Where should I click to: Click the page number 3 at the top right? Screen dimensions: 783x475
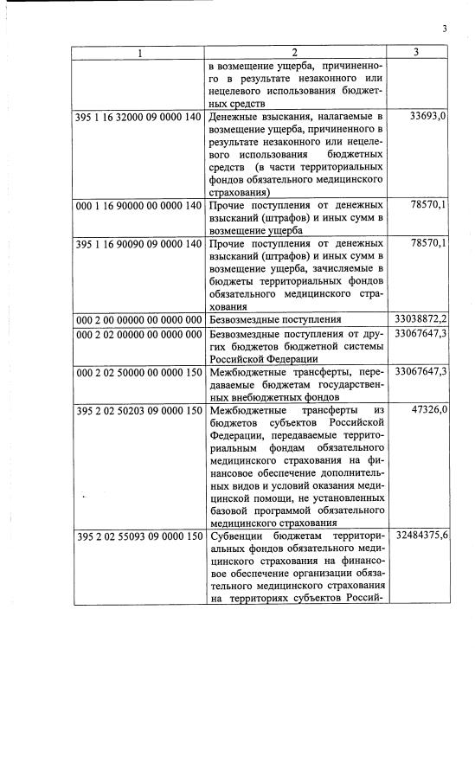pyautogui.click(x=444, y=29)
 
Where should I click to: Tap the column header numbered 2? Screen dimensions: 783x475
pyautogui.click(x=295, y=52)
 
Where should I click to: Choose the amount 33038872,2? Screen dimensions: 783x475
pyautogui.click(x=420, y=319)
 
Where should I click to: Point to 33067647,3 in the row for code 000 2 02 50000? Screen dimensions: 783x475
pyautogui.click(x=420, y=371)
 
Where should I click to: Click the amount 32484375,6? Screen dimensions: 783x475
pyautogui.click(x=420, y=537)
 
